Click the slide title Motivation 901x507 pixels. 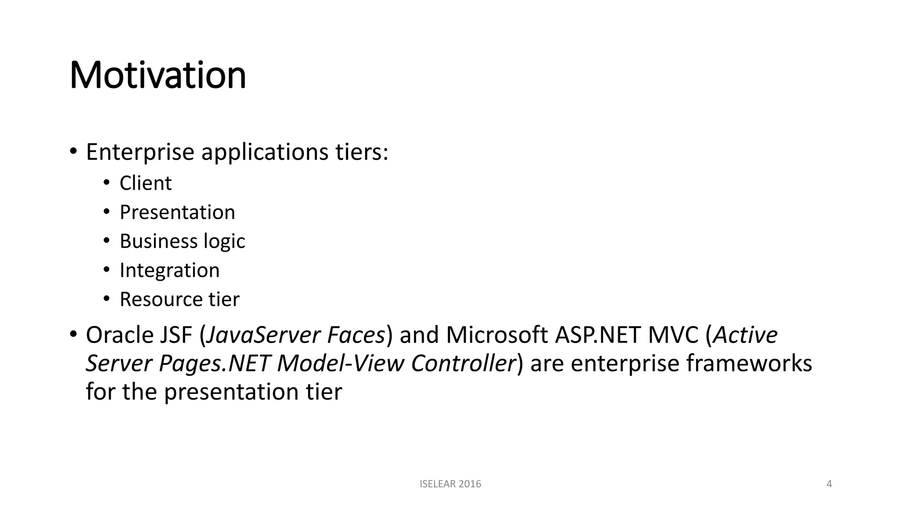point(157,75)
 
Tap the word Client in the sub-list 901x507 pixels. point(145,183)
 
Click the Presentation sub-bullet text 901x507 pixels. point(177,212)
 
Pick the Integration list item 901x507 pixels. point(169,270)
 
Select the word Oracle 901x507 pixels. point(117,335)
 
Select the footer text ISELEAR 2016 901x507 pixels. point(450,484)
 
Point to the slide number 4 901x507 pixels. point(829,484)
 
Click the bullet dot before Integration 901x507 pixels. point(106,269)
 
